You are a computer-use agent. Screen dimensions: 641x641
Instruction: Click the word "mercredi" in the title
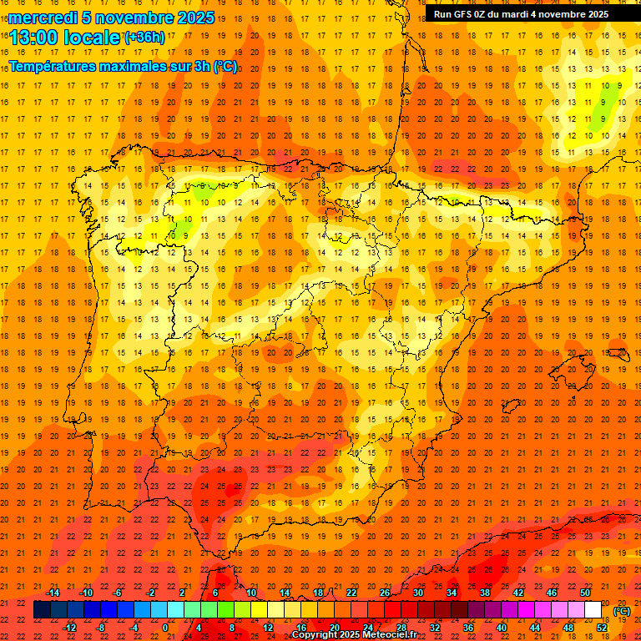coord(43,18)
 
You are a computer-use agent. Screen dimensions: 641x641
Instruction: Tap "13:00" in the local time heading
coord(35,37)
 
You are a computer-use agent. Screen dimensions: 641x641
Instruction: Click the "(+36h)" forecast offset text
coord(144,37)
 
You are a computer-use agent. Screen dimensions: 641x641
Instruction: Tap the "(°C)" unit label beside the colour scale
coord(622,612)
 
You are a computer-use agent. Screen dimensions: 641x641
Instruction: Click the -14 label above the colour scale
coord(53,593)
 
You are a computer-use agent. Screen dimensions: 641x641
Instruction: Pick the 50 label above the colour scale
coord(585,593)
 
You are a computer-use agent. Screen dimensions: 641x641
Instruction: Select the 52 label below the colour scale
coord(602,628)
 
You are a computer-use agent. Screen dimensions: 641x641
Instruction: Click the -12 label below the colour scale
coord(69,628)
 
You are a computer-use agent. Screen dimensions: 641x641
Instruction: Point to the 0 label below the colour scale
coord(165,628)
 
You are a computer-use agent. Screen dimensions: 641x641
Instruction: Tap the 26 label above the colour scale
coord(385,593)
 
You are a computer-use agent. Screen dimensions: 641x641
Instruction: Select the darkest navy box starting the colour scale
coord(42,610)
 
